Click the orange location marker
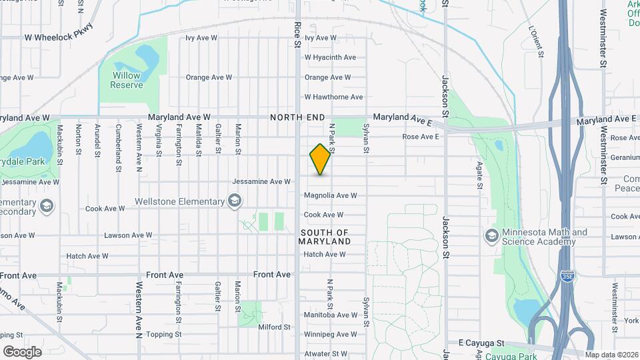[321, 159]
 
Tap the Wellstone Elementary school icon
[234, 201]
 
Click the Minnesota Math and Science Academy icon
[491, 236]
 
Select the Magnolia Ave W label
[331, 195]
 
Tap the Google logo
[22, 351]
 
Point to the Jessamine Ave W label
[261, 181]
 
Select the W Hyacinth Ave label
[330, 57]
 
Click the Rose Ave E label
[421, 137]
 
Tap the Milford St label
[275, 327]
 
